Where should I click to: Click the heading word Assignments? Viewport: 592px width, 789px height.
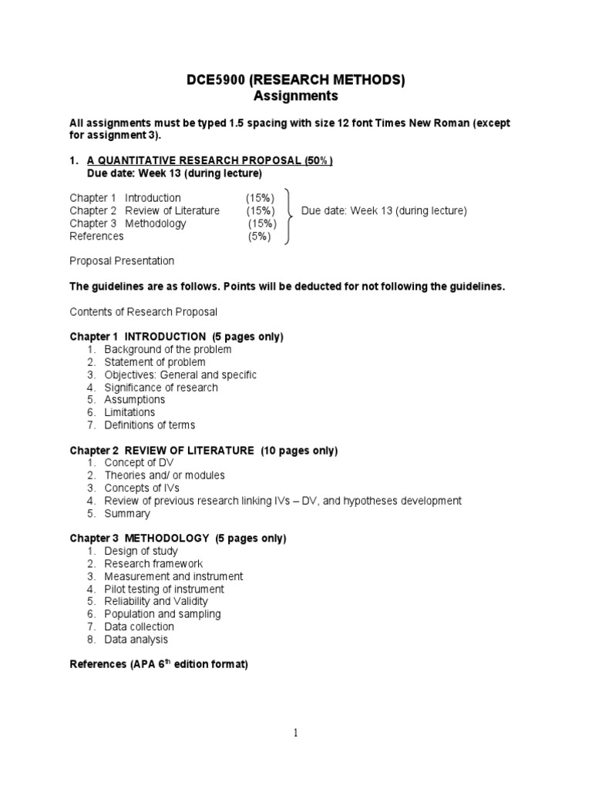coord(296,96)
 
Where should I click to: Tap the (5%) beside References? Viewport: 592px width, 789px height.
coord(261,237)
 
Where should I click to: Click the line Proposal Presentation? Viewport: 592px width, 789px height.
coord(122,261)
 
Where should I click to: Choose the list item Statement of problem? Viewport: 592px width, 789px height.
coord(155,362)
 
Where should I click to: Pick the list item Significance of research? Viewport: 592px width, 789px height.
coord(161,388)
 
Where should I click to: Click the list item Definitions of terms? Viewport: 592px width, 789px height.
coord(150,425)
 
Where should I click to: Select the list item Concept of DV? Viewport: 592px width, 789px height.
coord(139,463)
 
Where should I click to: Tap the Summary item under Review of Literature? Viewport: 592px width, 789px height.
coord(127,513)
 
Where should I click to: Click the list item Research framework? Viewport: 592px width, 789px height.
coord(153,564)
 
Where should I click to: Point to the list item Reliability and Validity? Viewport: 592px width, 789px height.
coord(156,602)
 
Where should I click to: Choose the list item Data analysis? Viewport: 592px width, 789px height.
coord(136,640)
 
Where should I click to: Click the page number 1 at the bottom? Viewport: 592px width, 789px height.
coord(296,734)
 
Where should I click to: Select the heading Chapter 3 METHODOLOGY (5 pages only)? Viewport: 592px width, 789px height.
coord(178,538)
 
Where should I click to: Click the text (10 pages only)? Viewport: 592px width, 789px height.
coord(299,451)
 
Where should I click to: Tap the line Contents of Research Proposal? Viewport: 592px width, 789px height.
coord(143,312)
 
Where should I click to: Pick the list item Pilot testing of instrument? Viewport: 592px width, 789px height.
coord(164,589)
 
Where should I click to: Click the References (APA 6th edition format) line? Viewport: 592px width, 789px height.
coord(159,664)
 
